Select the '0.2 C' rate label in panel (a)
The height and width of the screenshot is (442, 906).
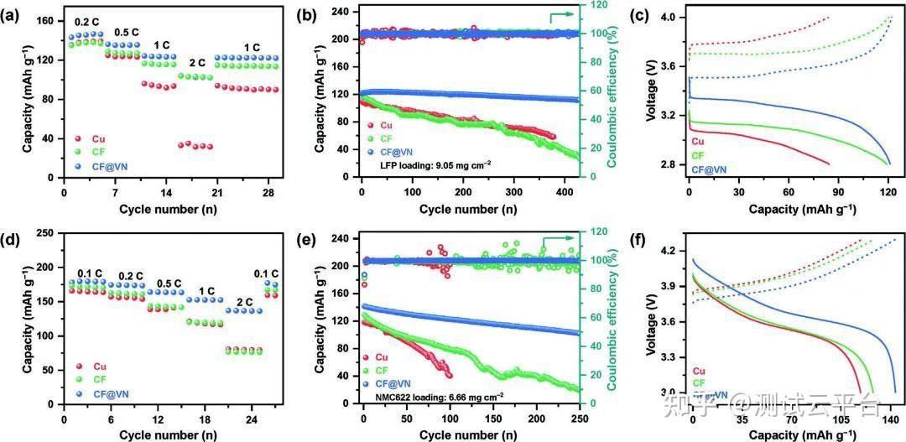click(x=86, y=23)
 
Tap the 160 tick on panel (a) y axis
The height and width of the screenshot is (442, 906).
click(x=51, y=20)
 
